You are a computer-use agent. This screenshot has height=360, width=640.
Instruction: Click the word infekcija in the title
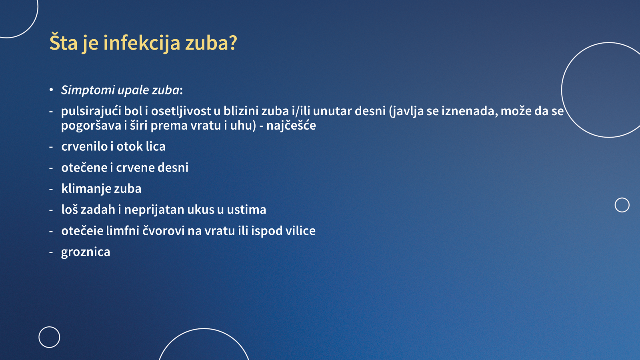click(142, 43)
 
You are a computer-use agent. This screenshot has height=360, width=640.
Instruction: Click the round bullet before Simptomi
click(51, 90)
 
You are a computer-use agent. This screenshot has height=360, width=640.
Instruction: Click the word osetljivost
click(181, 111)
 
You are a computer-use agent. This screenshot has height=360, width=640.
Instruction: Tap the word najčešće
click(291, 126)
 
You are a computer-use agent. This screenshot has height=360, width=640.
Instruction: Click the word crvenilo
click(84, 146)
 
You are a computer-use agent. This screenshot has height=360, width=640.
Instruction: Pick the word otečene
click(84, 168)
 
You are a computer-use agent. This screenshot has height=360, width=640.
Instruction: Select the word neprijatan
click(154, 210)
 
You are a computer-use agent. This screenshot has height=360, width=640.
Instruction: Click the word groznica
click(86, 252)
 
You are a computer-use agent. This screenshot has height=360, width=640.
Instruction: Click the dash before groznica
click(51, 252)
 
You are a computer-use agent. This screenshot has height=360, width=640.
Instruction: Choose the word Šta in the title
click(64, 42)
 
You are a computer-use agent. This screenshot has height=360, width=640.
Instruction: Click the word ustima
click(246, 210)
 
